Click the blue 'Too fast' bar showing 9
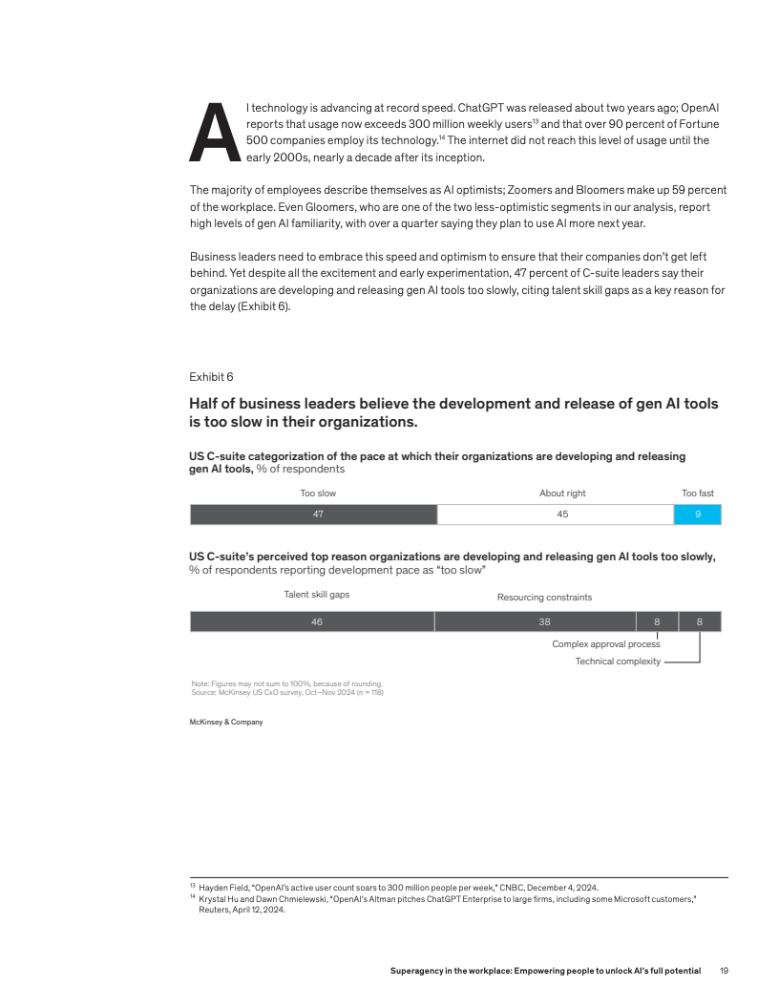[697, 514]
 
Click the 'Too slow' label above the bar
[318, 493]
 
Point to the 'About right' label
[562, 493]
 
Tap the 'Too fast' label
[697, 493]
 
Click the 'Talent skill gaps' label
[316, 594]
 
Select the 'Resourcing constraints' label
[544, 598]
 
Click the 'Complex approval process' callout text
[605, 644]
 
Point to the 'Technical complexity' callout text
[617, 661]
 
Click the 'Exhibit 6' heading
[211, 377]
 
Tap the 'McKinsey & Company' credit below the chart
[226, 722]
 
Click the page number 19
[724, 971]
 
